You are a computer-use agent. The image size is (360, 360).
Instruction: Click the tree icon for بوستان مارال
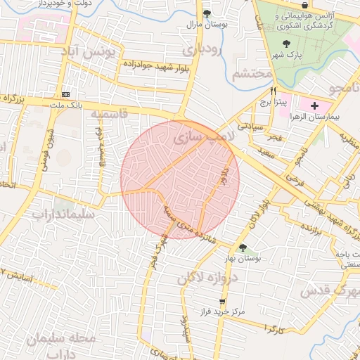[206, 13]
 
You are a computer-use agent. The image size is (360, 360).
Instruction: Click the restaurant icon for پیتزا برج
[274, 91]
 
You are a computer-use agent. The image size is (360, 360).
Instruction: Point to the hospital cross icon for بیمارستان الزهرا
[314, 105]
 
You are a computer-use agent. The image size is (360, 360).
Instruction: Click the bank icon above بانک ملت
[66, 94]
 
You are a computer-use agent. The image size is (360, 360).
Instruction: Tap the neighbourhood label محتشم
[251, 72]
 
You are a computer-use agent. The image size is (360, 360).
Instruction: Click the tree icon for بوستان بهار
[243, 247]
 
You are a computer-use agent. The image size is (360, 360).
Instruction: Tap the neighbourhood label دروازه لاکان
[209, 278]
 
